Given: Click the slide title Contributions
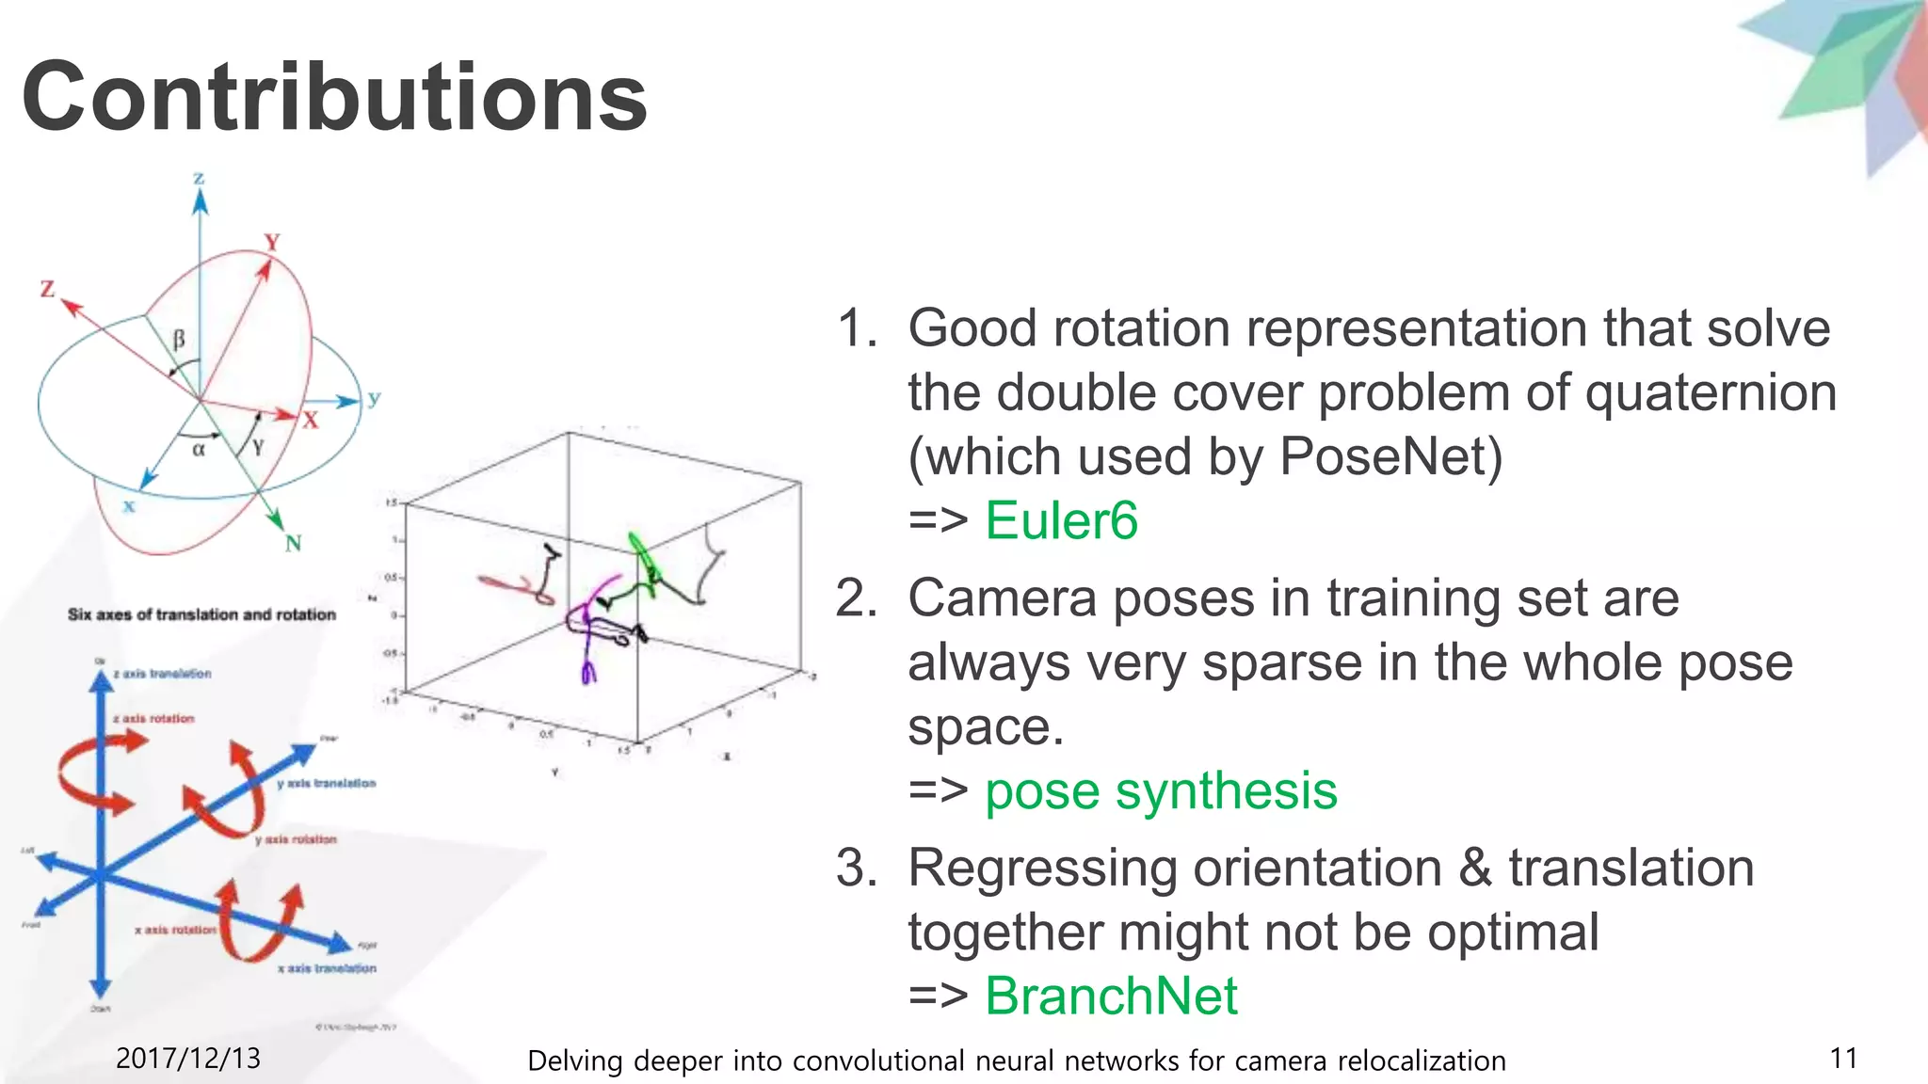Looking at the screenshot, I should [334, 97].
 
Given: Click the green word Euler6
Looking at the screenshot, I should [1061, 520].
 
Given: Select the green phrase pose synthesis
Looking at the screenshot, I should [1161, 790].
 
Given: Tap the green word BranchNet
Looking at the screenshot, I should [1111, 996].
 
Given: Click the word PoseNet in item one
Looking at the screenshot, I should [1390, 456].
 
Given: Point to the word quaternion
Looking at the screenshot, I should [1711, 392].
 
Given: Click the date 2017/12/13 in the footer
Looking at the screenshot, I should [187, 1059].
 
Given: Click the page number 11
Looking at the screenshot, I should [1843, 1059].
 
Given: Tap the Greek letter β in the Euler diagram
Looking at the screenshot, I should [179, 339].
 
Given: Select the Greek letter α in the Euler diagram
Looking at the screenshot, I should [199, 450].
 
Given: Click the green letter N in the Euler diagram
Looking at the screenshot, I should [294, 544].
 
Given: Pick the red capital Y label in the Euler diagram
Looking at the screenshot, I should [272, 242].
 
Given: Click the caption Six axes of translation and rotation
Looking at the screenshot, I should [201, 614].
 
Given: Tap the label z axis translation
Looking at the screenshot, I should [162, 674].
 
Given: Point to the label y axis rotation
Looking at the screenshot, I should [296, 839].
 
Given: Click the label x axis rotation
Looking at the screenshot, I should [175, 930].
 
